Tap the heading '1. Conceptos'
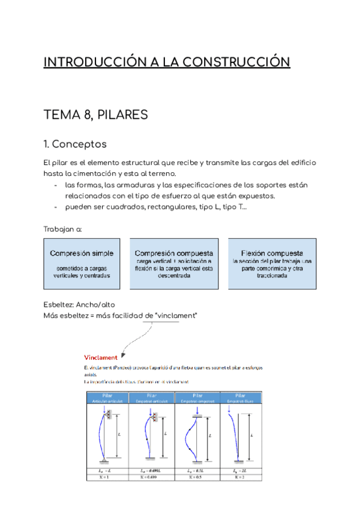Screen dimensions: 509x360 point(75,144)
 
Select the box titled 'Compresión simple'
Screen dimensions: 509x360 point(82,264)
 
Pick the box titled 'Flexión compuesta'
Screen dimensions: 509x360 point(272,264)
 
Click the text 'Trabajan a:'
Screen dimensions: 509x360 point(63,229)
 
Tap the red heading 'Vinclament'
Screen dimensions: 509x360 point(100,357)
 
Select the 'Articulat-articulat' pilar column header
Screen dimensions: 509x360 point(108,398)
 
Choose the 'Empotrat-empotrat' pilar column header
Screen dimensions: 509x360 point(196,398)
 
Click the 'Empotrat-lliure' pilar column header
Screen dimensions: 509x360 point(241,398)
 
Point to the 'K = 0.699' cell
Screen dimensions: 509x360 point(152,485)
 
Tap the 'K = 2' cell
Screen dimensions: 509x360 point(241,485)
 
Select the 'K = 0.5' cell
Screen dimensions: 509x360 point(196,485)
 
